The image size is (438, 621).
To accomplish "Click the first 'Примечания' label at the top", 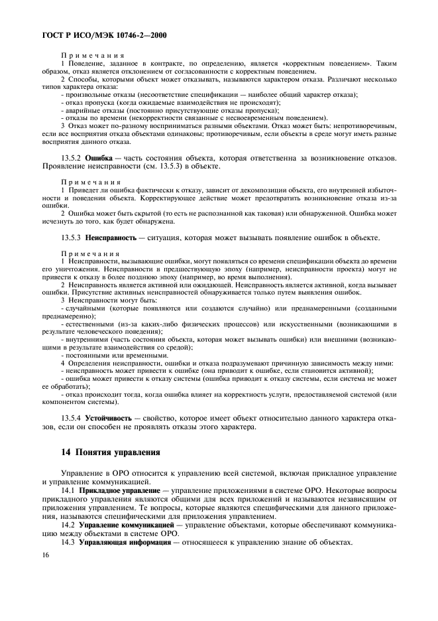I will click(x=88, y=55).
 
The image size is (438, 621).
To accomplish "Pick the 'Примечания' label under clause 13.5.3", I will click(x=88, y=253).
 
